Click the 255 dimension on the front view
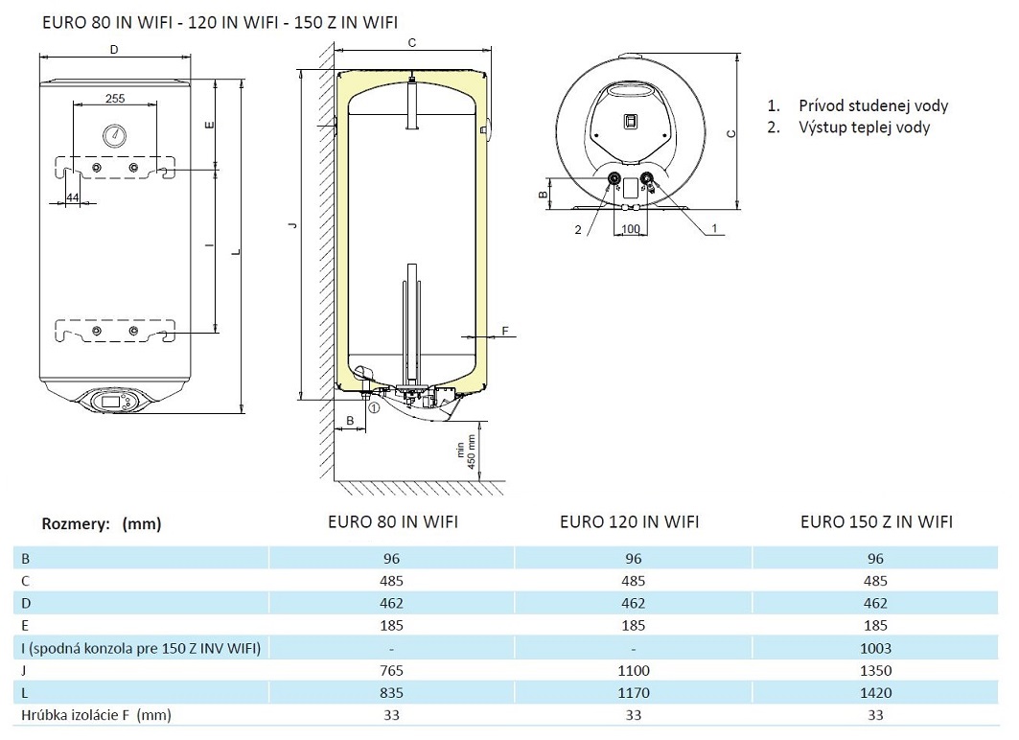[114, 98]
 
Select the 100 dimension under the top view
[630, 229]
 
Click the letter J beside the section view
[294, 226]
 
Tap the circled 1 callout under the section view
[374, 407]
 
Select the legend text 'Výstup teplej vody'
[863, 127]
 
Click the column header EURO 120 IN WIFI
[629, 521]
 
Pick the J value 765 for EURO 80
[390, 670]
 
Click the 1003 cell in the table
[876, 648]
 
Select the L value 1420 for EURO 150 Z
[876, 692]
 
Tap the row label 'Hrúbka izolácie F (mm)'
[96, 715]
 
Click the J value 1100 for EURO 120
[633, 670]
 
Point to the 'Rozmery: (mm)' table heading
[102, 523]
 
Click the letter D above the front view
[113, 49]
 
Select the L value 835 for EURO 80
[390, 692]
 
